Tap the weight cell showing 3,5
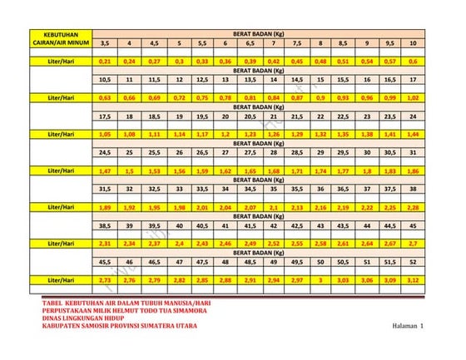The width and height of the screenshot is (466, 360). [105, 42]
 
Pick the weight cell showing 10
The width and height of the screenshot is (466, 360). [413, 42]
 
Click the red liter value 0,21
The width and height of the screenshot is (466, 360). [105, 61]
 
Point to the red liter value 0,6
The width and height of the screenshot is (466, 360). [413, 61]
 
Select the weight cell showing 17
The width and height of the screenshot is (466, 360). [413, 80]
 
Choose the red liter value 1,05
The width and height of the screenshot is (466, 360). [105, 133]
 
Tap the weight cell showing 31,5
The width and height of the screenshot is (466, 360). [105, 189]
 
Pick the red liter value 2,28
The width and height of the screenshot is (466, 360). [413, 206]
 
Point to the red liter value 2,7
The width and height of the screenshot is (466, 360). [413, 243]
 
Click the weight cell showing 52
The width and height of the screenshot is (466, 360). [413, 262]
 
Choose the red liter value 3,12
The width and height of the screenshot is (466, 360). [413, 279]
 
